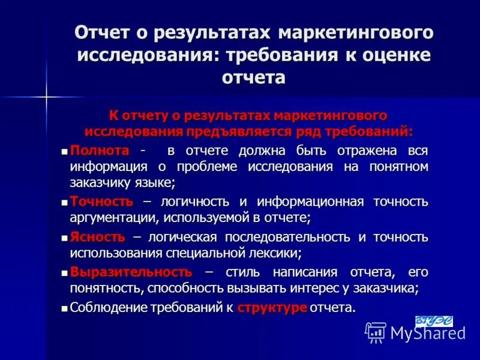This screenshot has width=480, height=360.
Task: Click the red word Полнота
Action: tap(99, 150)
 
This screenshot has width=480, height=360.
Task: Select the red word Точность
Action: tap(101, 202)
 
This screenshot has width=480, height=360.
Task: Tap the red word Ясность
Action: tap(97, 236)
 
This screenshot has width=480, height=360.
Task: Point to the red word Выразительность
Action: tap(131, 271)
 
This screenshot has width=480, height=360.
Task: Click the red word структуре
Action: tap(272, 308)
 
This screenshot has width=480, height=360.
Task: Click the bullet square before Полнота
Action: tap(65, 151)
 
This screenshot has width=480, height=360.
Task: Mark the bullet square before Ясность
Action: tap(65, 237)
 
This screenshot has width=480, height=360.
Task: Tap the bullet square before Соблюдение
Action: tap(65, 308)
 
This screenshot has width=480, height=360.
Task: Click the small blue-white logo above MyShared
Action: tap(434, 321)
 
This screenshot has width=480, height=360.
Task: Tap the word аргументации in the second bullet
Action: tap(110, 218)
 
